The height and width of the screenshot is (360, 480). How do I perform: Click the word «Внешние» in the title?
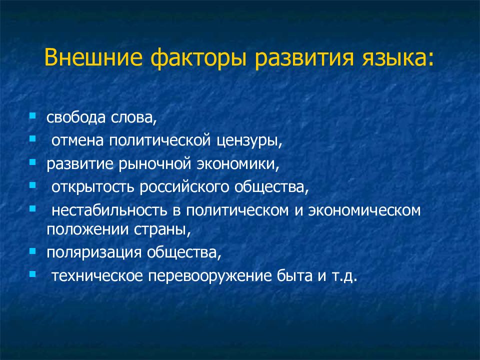pos(93,57)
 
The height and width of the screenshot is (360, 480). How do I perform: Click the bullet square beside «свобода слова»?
pos(32,116)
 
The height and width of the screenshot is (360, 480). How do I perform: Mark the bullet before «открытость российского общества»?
pos(32,185)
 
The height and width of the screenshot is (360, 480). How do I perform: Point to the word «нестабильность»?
pos(109,210)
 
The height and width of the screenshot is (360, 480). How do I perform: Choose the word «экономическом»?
pos(364,210)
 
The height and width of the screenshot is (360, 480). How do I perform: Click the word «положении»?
pos(87,230)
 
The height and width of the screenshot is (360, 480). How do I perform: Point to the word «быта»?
pos(294,275)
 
